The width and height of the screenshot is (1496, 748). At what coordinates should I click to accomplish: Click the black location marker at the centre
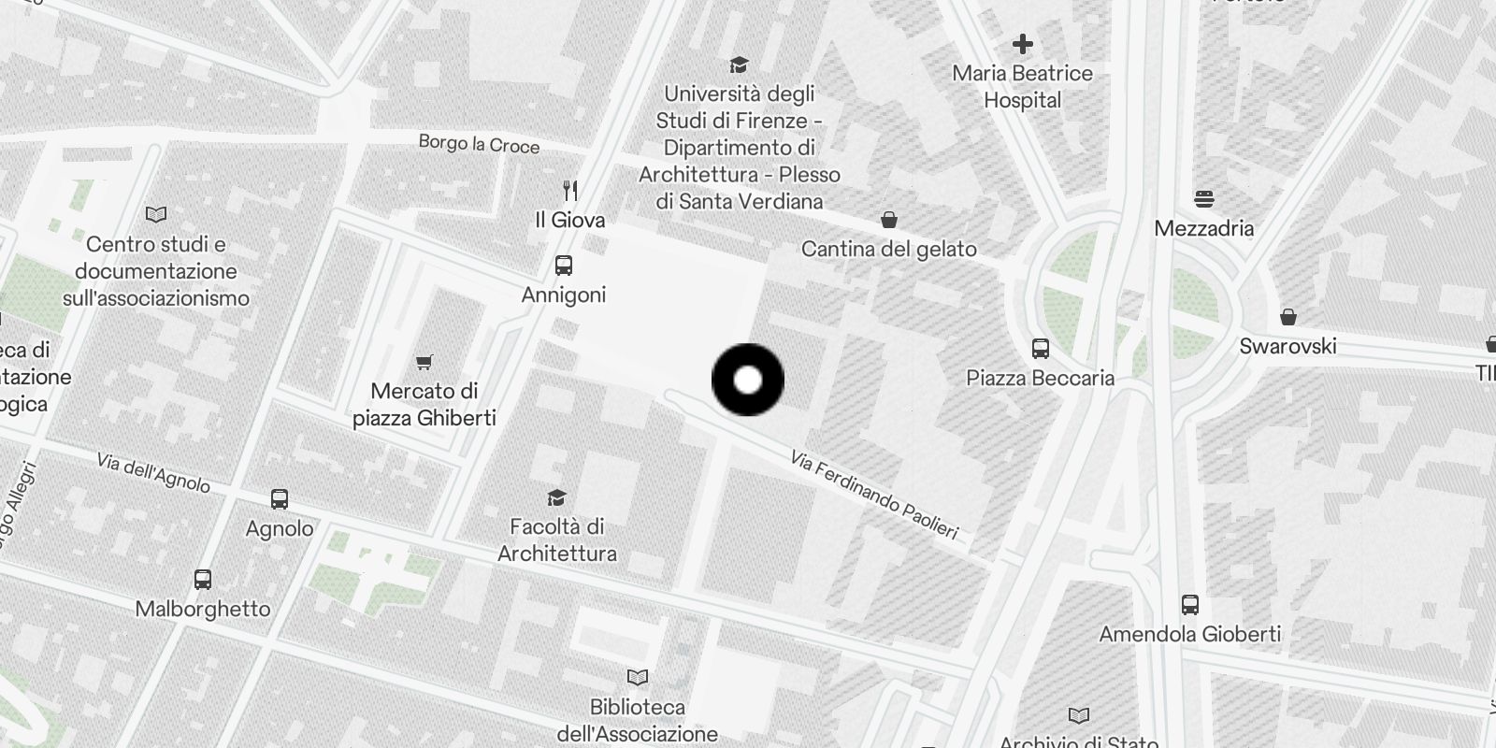[x=748, y=380]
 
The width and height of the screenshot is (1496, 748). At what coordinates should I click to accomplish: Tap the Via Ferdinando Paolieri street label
[x=874, y=496]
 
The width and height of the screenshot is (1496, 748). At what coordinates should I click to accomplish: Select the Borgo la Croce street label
[x=479, y=144]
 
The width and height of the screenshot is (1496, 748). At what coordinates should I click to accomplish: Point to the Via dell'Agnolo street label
[x=153, y=472]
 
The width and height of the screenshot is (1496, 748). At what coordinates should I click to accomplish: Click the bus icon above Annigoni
[x=564, y=266]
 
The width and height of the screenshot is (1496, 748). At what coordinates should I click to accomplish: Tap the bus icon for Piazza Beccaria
[x=1041, y=349]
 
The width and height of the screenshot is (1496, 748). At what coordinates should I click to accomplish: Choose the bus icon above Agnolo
[x=280, y=499]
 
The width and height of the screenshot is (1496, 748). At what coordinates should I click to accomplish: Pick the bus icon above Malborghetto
[x=203, y=580]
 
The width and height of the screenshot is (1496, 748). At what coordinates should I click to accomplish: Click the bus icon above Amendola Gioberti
[x=1190, y=605]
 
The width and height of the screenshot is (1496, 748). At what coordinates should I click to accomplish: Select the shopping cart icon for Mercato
[x=424, y=362]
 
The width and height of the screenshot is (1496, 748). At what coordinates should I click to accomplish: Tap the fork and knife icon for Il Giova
[x=570, y=191]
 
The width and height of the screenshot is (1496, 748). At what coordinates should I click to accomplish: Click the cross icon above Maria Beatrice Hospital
[x=1023, y=44]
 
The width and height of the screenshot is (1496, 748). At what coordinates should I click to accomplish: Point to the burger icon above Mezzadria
[x=1204, y=199]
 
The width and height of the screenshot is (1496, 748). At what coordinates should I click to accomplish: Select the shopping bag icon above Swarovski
[x=1288, y=317]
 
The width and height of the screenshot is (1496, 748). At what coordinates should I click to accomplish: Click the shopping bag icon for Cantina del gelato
[x=889, y=220]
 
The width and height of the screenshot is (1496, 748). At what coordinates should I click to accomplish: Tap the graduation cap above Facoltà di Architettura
[x=557, y=497]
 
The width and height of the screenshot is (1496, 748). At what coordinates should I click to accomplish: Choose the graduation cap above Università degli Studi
[x=740, y=65]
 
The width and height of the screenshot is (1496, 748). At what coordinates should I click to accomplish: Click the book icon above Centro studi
[x=156, y=215]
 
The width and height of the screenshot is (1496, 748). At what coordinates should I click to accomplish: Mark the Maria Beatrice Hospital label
[x=1023, y=86]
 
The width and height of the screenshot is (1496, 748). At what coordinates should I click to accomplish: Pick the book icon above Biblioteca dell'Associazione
[x=638, y=677]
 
